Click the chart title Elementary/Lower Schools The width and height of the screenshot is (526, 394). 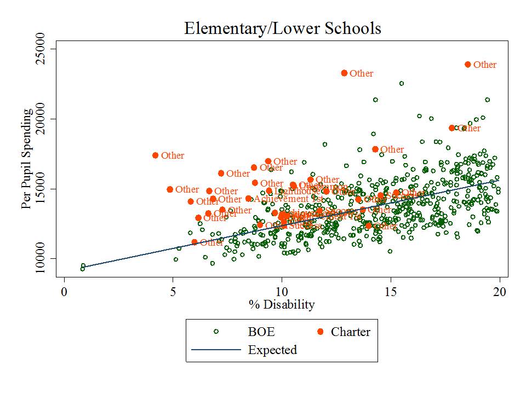click(x=282, y=28)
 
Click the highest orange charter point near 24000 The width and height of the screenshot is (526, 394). click(x=468, y=65)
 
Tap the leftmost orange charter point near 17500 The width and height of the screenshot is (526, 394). click(x=156, y=155)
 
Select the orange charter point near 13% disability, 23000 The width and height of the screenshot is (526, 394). click(x=344, y=73)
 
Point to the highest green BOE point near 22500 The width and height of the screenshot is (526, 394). click(x=402, y=83)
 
